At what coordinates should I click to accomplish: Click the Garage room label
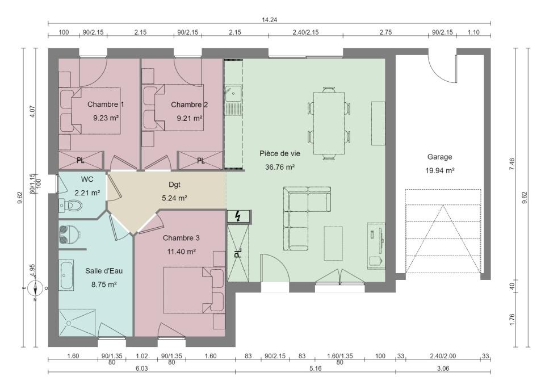coord(439,157)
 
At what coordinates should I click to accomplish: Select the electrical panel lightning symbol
coord(238,216)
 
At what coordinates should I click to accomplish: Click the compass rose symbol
coord(36,288)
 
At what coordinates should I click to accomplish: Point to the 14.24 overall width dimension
coord(269,20)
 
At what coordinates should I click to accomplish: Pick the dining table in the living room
coord(329,123)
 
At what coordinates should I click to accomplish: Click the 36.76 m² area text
coord(280,167)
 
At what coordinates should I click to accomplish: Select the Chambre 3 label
coord(181,238)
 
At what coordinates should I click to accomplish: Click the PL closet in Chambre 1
coord(81,160)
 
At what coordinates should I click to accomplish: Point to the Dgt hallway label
coord(174,185)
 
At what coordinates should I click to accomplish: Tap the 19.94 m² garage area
coord(439,170)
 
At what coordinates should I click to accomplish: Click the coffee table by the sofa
coord(333,244)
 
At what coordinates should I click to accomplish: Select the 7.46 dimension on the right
coord(512,164)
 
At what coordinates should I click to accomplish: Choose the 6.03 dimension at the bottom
coord(142,368)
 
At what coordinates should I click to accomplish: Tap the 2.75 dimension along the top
coord(385,32)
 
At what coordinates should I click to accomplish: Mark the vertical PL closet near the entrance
coord(238,253)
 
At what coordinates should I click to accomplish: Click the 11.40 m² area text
coord(181,252)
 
